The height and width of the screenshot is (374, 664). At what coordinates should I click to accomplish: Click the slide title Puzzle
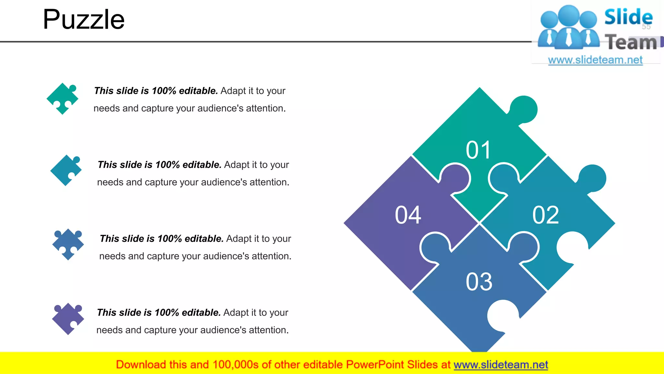pos(84,19)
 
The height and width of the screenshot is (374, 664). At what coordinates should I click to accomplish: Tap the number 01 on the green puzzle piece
pos(479,150)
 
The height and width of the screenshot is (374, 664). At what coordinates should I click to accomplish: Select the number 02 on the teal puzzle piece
pos(546,215)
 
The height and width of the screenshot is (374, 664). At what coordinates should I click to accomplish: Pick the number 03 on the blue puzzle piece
pos(479,281)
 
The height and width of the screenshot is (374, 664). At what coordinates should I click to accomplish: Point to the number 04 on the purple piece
pos(408,215)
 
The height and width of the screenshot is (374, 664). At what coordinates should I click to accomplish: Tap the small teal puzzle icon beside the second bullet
pos(66,170)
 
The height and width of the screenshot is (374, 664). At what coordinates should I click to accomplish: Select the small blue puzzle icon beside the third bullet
pos(68,244)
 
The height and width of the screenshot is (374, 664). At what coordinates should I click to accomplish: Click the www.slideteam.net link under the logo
pos(595,60)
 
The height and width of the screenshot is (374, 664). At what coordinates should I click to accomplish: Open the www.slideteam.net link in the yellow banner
pos(501,365)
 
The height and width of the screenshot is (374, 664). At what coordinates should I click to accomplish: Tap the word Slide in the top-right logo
pos(628,17)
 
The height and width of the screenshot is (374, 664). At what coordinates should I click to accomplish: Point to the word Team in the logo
pos(631,43)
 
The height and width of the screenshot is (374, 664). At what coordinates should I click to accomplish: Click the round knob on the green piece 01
pos(524,109)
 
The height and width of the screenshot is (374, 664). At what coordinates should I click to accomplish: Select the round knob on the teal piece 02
pos(593,178)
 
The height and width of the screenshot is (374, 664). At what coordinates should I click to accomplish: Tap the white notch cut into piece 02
pos(572,247)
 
